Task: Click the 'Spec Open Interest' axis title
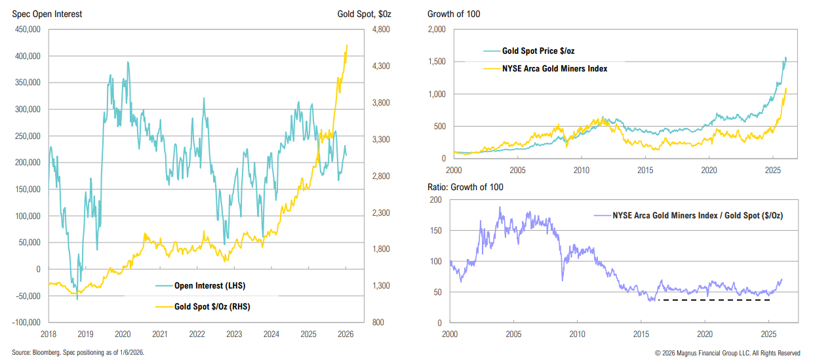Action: pyautogui.click(x=47, y=14)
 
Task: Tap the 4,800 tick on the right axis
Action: pyautogui.click(x=382, y=30)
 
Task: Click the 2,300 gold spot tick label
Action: pyautogui.click(x=382, y=213)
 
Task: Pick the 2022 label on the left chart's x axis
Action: pyautogui.click(x=197, y=334)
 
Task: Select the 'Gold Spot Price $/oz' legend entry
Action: pyautogui.click(x=538, y=50)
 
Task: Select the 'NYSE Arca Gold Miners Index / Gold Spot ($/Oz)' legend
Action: pyautogui.click(x=698, y=214)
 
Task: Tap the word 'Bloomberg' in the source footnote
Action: pyautogui.click(x=45, y=352)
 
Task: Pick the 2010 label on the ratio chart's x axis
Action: pyautogui.click(x=577, y=334)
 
